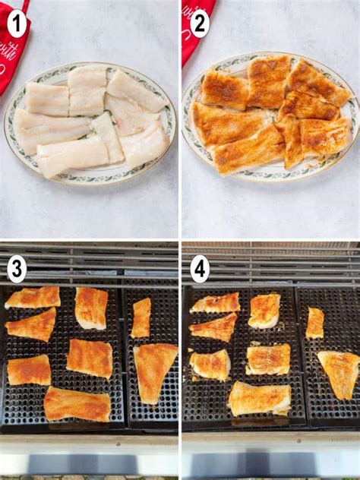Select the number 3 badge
[x=17, y=269]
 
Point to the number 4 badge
[x=199, y=269]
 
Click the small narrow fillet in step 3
[x=141, y=317]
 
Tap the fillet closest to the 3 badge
[x=33, y=298]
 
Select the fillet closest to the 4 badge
[x=216, y=302]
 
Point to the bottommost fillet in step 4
[x=259, y=399]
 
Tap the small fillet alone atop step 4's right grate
[x=314, y=323]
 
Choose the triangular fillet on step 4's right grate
[x=339, y=372]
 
